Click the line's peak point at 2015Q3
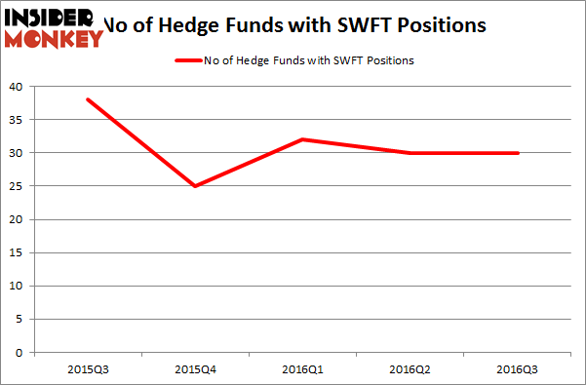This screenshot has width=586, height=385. [x=88, y=99]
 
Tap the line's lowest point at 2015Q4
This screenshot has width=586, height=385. [x=195, y=186]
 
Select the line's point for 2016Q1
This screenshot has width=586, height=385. [x=303, y=139]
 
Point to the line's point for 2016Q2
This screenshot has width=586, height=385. [x=410, y=153]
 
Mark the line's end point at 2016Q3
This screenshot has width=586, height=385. [x=518, y=153]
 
